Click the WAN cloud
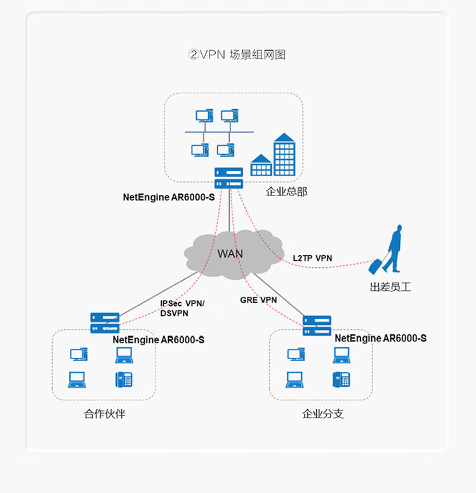[232, 253]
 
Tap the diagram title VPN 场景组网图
[237, 55]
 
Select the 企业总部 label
[286, 191]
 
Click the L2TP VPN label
[312, 258]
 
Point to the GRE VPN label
[258, 299]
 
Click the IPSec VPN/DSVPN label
[182, 308]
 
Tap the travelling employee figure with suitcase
[390, 250]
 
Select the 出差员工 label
[390, 287]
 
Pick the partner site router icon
[105, 323]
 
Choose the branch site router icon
[317, 325]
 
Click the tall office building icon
[284, 155]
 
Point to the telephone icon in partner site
[124, 379]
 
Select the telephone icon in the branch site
[341, 379]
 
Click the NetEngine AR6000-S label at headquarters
[168, 197]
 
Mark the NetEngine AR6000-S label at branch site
[380, 338]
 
